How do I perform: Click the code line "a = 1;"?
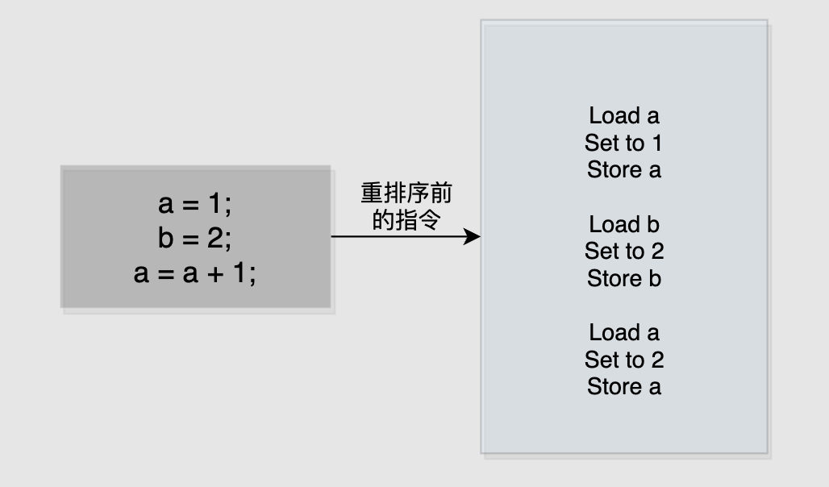pos(194,205)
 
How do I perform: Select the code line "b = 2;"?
pos(194,239)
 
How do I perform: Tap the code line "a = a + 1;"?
pos(194,274)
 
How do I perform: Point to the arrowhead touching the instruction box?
pos(474,237)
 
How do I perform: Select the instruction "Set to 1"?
pos(623,144)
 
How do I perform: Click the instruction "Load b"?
pos(623,224)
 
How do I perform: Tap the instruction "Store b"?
pos(623,279)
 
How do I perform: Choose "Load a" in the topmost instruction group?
pos(623,116)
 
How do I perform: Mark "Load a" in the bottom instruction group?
pos(623,332)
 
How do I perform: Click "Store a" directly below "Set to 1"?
pos(623,170)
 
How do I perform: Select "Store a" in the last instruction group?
pos(623,386)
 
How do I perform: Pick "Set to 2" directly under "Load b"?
pos(623,252)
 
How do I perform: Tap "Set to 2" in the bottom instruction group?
pos(623,360)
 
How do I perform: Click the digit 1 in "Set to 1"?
pos(656,144)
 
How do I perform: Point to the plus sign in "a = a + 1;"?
pos(216,275)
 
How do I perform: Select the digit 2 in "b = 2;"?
pos(214,239)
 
